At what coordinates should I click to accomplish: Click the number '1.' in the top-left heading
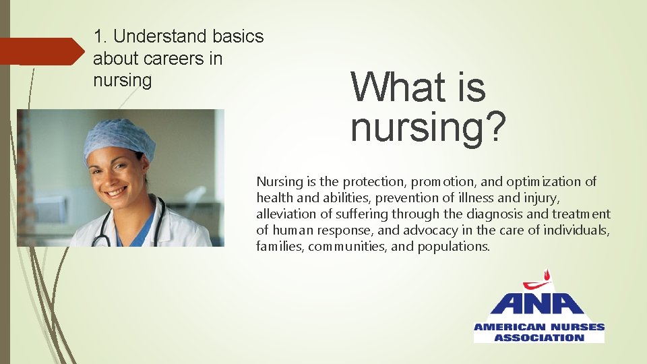point(100,36)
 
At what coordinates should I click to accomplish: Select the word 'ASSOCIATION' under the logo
point(538,337)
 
